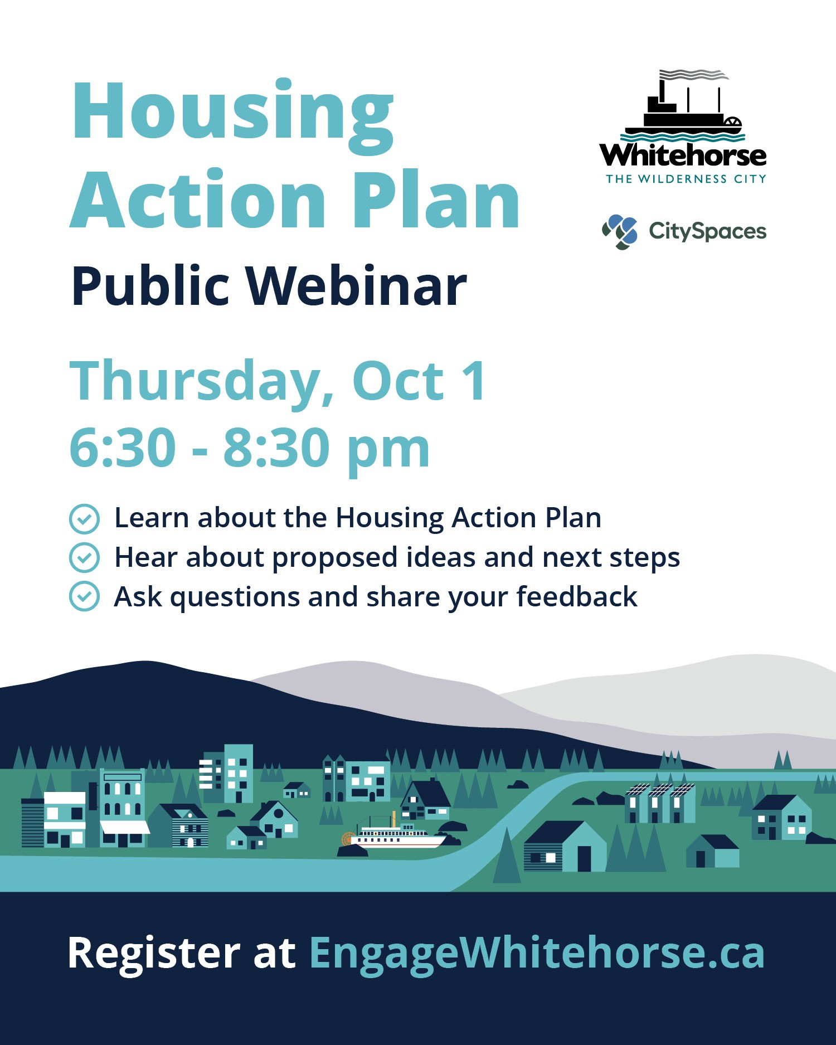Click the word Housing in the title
coord(232,117)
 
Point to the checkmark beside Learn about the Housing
coord(84,519)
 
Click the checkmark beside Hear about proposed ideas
coord(84,558)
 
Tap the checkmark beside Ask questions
coord(84,597)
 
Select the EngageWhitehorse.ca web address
coord(537,954)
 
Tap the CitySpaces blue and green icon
coord(620,232)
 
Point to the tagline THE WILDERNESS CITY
coord(686,179)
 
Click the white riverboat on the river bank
coord(395,833)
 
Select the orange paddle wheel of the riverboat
coord(348,839)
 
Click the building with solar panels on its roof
coord(660,803)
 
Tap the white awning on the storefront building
coord(124,827)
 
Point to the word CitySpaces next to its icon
coord(707,232)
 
